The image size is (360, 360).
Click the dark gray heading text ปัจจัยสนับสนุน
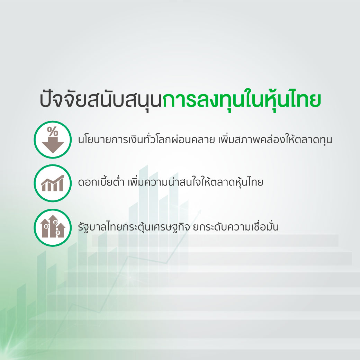coord(101,100)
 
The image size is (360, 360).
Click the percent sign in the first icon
coord(53,132)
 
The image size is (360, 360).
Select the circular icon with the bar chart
coord(53,183)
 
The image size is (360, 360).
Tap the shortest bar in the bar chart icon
coord(44,188)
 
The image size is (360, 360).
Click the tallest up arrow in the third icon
coord(53,226)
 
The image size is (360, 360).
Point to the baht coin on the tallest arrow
coord(55,222)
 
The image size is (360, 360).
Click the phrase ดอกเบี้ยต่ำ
coord(101,182)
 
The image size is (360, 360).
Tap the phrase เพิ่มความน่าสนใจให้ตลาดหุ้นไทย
coord(195,182)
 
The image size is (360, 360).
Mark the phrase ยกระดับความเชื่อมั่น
coord(236,226)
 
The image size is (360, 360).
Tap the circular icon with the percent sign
coord(53,139)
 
